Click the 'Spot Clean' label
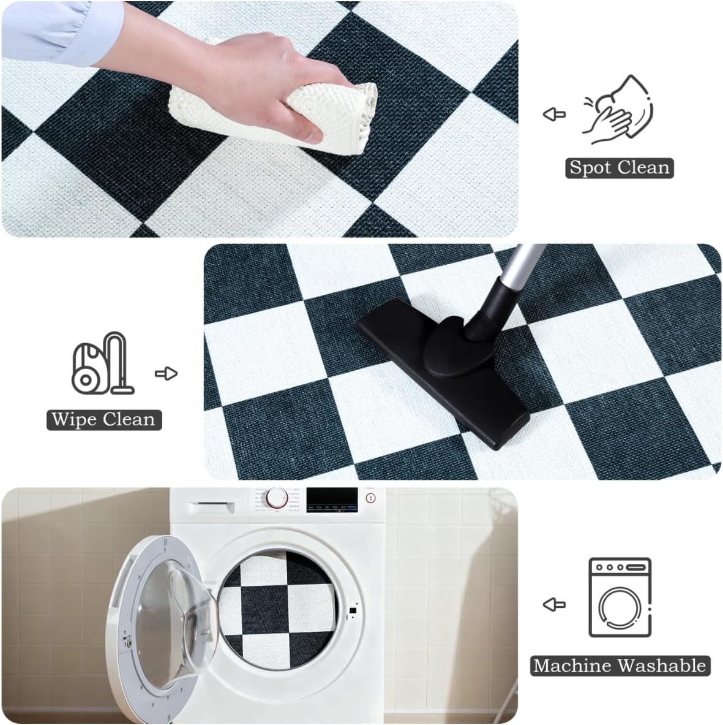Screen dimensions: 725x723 [x=619, y=168]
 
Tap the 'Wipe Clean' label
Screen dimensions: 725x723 [x=104, y=420]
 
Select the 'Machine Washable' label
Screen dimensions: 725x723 [x=620, y=666]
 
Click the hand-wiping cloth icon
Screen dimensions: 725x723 [x=617, y=110]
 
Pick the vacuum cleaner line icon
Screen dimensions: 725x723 [x=102, y=363]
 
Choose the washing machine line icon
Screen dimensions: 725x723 [x=620, y=598]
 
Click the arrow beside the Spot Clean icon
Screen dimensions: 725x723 [x=554, y=114]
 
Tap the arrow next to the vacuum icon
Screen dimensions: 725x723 [x=166, y=373]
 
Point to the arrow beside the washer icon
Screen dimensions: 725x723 [x=554, y=604]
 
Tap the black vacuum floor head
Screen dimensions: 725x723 [x=444, y=368]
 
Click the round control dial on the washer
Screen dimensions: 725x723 [x=277, y=498]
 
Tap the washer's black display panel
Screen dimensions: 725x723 [x=332, y=498]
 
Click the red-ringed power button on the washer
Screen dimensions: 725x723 [x=370, y=498]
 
